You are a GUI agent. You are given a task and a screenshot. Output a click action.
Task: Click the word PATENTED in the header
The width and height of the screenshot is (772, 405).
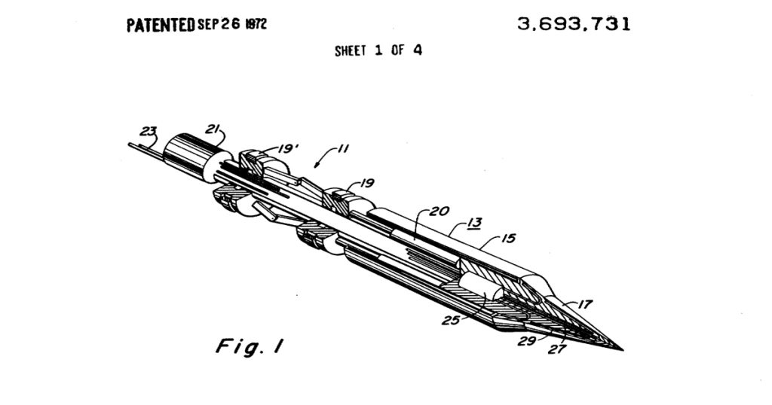coord(161,25)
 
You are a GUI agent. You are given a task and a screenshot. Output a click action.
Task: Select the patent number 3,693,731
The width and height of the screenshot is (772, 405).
coord(574,24)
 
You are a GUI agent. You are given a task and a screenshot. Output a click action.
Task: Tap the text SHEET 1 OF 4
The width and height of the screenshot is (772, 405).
coord(378,50)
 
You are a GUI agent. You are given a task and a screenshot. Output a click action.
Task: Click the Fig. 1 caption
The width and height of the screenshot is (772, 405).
coord(250,346)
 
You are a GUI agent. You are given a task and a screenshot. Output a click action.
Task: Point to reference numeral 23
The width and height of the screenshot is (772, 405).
coord(149,132)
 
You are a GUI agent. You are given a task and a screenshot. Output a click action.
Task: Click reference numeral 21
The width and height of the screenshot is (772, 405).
coord(212,129)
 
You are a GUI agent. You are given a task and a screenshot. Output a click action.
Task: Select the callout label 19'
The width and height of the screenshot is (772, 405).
coord(289,148)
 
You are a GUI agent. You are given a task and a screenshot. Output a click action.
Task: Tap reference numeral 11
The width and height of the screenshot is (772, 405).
coord(342,148)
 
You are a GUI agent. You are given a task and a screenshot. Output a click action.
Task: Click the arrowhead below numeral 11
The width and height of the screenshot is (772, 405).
coord(317,165)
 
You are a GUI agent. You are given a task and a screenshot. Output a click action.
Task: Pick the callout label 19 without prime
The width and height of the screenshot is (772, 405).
coord(367,184)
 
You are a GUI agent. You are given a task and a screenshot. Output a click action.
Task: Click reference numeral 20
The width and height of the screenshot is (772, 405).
coord(440,212)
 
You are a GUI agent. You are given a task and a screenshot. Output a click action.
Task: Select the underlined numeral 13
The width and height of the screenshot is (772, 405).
coord(474,223)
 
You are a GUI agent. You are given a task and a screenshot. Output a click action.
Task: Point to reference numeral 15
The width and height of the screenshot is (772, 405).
coord(508,239)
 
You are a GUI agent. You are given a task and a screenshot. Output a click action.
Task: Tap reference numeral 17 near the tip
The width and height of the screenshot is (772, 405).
coord(584,305)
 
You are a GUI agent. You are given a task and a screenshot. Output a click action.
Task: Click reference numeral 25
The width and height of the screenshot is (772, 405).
coord(451,321)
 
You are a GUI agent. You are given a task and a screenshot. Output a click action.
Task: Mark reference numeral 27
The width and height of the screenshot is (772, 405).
coord(557,349)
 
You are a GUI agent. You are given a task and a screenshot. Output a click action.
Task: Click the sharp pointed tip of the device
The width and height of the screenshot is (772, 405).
coord(623,350)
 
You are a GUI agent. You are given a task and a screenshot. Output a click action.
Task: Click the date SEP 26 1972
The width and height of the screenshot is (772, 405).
coord(232,25)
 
